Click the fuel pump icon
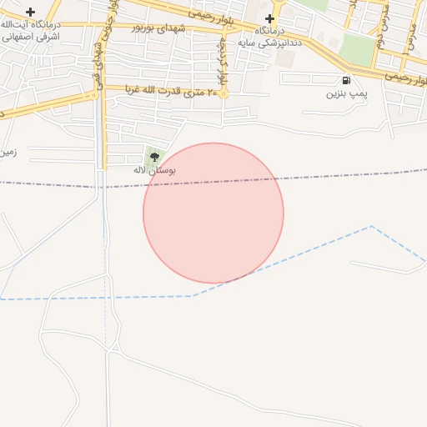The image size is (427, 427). coord(345,80)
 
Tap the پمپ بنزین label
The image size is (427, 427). coord(346,94)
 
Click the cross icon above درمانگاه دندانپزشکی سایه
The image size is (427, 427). coord(269,18)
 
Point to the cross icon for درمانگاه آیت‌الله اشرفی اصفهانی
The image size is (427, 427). coord(31,12)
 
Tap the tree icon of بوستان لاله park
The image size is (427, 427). coord(153,155)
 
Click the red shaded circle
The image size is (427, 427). coord(213,213)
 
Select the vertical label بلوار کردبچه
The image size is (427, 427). coord(223,58)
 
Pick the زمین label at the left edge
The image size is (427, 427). coord(8,153)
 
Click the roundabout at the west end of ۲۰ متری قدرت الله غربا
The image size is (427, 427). coord(94,95)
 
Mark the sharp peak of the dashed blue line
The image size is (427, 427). coord(371,226)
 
